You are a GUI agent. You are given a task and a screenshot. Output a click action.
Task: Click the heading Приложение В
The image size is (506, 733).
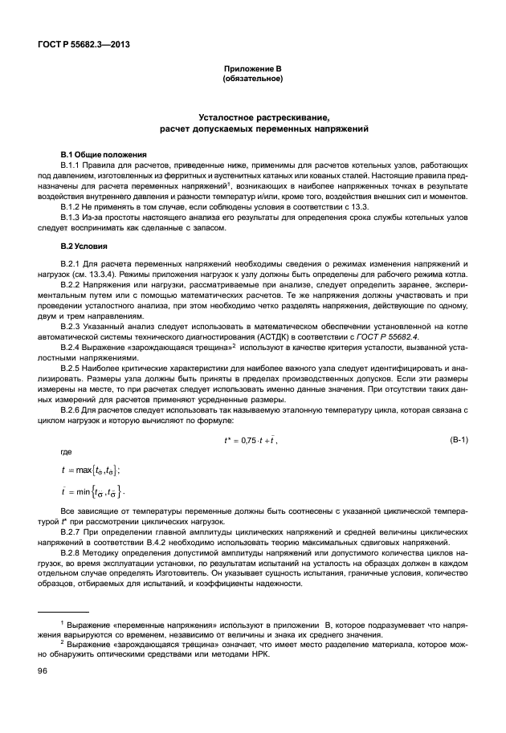(x=252, y=71)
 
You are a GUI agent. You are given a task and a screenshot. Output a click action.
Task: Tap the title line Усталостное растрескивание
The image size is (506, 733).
(x=252, y=117)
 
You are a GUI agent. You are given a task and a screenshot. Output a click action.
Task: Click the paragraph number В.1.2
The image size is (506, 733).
(x=74, y=206)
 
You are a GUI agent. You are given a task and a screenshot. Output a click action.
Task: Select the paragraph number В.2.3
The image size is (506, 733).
(x=74, y=328)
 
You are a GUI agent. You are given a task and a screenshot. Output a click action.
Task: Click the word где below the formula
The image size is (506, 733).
(x=67, y=452)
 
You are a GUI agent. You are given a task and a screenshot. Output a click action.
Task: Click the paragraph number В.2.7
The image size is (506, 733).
(x=74, y=532)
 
